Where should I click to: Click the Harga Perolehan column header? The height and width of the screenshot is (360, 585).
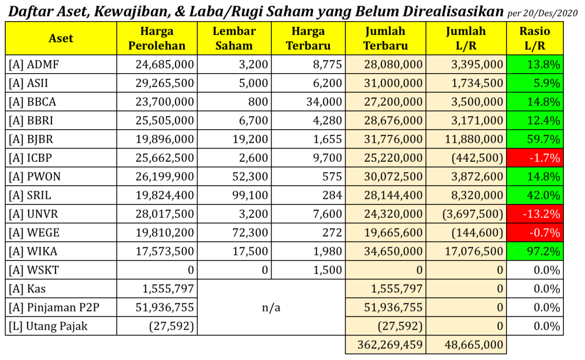pyautogui.click(x=157, y=38)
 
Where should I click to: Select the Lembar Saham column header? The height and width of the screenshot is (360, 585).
pyautogui.click(x=234, y=38)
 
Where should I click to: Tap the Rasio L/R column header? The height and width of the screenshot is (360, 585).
pyautogui.click(x=535, y=38)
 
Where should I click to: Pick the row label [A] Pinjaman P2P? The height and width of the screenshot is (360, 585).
pyautogui.click(x=54, y=307)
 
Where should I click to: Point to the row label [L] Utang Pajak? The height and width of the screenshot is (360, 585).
pyautogui.click(x=49, y=326)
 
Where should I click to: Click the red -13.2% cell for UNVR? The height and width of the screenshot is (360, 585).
pyautogui.click(x=535, y=214)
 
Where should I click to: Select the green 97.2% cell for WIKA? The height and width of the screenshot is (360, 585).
pyautogui.click(x=535, y=251)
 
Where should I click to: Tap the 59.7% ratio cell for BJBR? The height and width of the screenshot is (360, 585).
pyautogui.click(x=535, y=139)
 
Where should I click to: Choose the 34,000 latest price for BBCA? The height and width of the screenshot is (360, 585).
pyautogui.click(x=324, y=102)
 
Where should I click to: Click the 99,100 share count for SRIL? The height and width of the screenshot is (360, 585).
pyautogui.click(x=249, y=195)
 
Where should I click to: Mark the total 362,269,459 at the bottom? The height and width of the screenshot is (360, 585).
pyautogui.click(x=389, y=345)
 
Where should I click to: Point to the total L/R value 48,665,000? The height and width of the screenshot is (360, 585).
pyautogui.click(x=473, y=345)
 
